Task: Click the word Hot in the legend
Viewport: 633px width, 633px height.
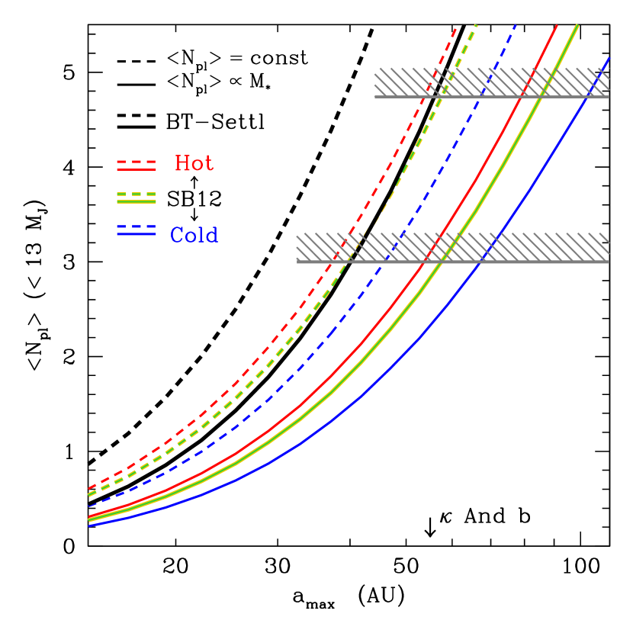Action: point(194,164)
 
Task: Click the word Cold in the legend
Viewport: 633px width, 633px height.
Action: point(194,236)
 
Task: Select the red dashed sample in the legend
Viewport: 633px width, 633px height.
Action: point(137,162)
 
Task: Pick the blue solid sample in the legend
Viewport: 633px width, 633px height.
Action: point(137,234)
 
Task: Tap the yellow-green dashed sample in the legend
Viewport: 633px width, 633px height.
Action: point(137,194)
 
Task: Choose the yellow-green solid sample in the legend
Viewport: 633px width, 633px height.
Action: point(137,202)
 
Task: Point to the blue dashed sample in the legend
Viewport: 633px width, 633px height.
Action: point(137,227)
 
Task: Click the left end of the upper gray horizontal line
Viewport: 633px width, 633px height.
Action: point(375,96)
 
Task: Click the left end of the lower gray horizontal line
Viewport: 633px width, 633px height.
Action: point(297,262)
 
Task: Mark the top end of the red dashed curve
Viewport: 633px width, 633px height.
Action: point(457,26)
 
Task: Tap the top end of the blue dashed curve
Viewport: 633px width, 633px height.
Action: point(517,25)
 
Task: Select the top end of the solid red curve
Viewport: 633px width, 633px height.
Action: point(557,25)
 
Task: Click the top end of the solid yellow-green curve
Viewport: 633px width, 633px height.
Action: point(577,26)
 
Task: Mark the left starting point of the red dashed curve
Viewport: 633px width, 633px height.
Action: point(89,487)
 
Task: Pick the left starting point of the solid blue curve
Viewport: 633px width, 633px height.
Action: point(89,525)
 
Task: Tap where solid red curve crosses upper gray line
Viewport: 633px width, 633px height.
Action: point(520,96)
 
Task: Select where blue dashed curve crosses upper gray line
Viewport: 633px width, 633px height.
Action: point(482,96)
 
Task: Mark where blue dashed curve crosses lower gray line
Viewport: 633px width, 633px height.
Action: point(387,262)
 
